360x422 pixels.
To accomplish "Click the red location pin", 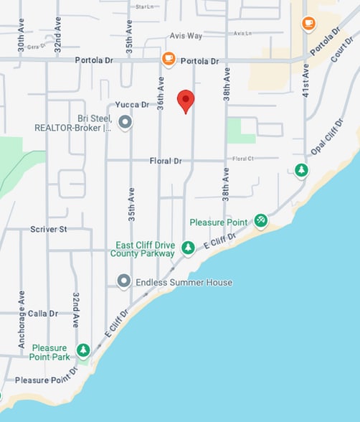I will [186, 101].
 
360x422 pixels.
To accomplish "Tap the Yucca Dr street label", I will [133, 104].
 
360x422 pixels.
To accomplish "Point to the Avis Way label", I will [186, 35].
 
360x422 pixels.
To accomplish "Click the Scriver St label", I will [48, 229].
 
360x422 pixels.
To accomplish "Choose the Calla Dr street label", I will [42, 314].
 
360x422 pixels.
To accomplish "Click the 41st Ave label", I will [305, 80].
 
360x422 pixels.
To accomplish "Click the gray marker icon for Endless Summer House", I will [124, 281].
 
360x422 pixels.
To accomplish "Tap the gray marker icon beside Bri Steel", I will [125, 123].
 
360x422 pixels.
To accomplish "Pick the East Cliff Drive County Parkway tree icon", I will [187, 248].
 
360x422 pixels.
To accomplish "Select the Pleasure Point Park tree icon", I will [84, 350].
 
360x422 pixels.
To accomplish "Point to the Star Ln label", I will [144, 6].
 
